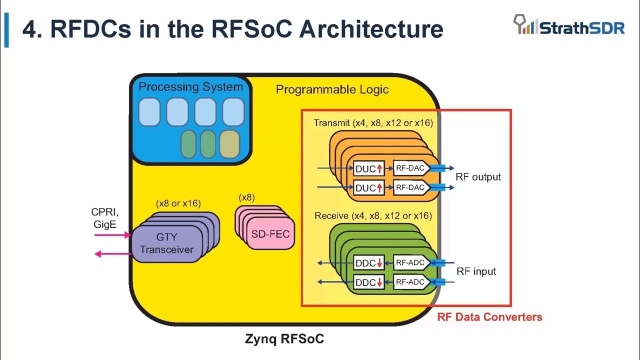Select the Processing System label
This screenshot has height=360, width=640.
coord(190,87)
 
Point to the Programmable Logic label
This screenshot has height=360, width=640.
coord(332,90)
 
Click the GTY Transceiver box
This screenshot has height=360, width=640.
coord(166,243)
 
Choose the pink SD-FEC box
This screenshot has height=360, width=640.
coord(270,234)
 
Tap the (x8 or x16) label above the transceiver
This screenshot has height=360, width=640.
coord(178,203)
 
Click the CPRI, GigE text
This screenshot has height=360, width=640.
coord(104,218)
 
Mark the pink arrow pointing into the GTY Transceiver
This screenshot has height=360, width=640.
coord(112,234)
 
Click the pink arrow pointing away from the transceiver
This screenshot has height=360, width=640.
coord(112,254)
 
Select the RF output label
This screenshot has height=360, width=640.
coord(478,177)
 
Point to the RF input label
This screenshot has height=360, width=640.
coord(476,271)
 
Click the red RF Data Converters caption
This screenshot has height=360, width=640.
coord(489,317)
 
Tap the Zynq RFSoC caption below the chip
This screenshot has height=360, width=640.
coord(284,339)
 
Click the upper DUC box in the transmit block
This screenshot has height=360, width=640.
coord(368,169)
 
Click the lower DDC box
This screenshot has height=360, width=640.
coord(368,282)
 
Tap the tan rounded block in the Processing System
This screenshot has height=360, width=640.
coord(229,143)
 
